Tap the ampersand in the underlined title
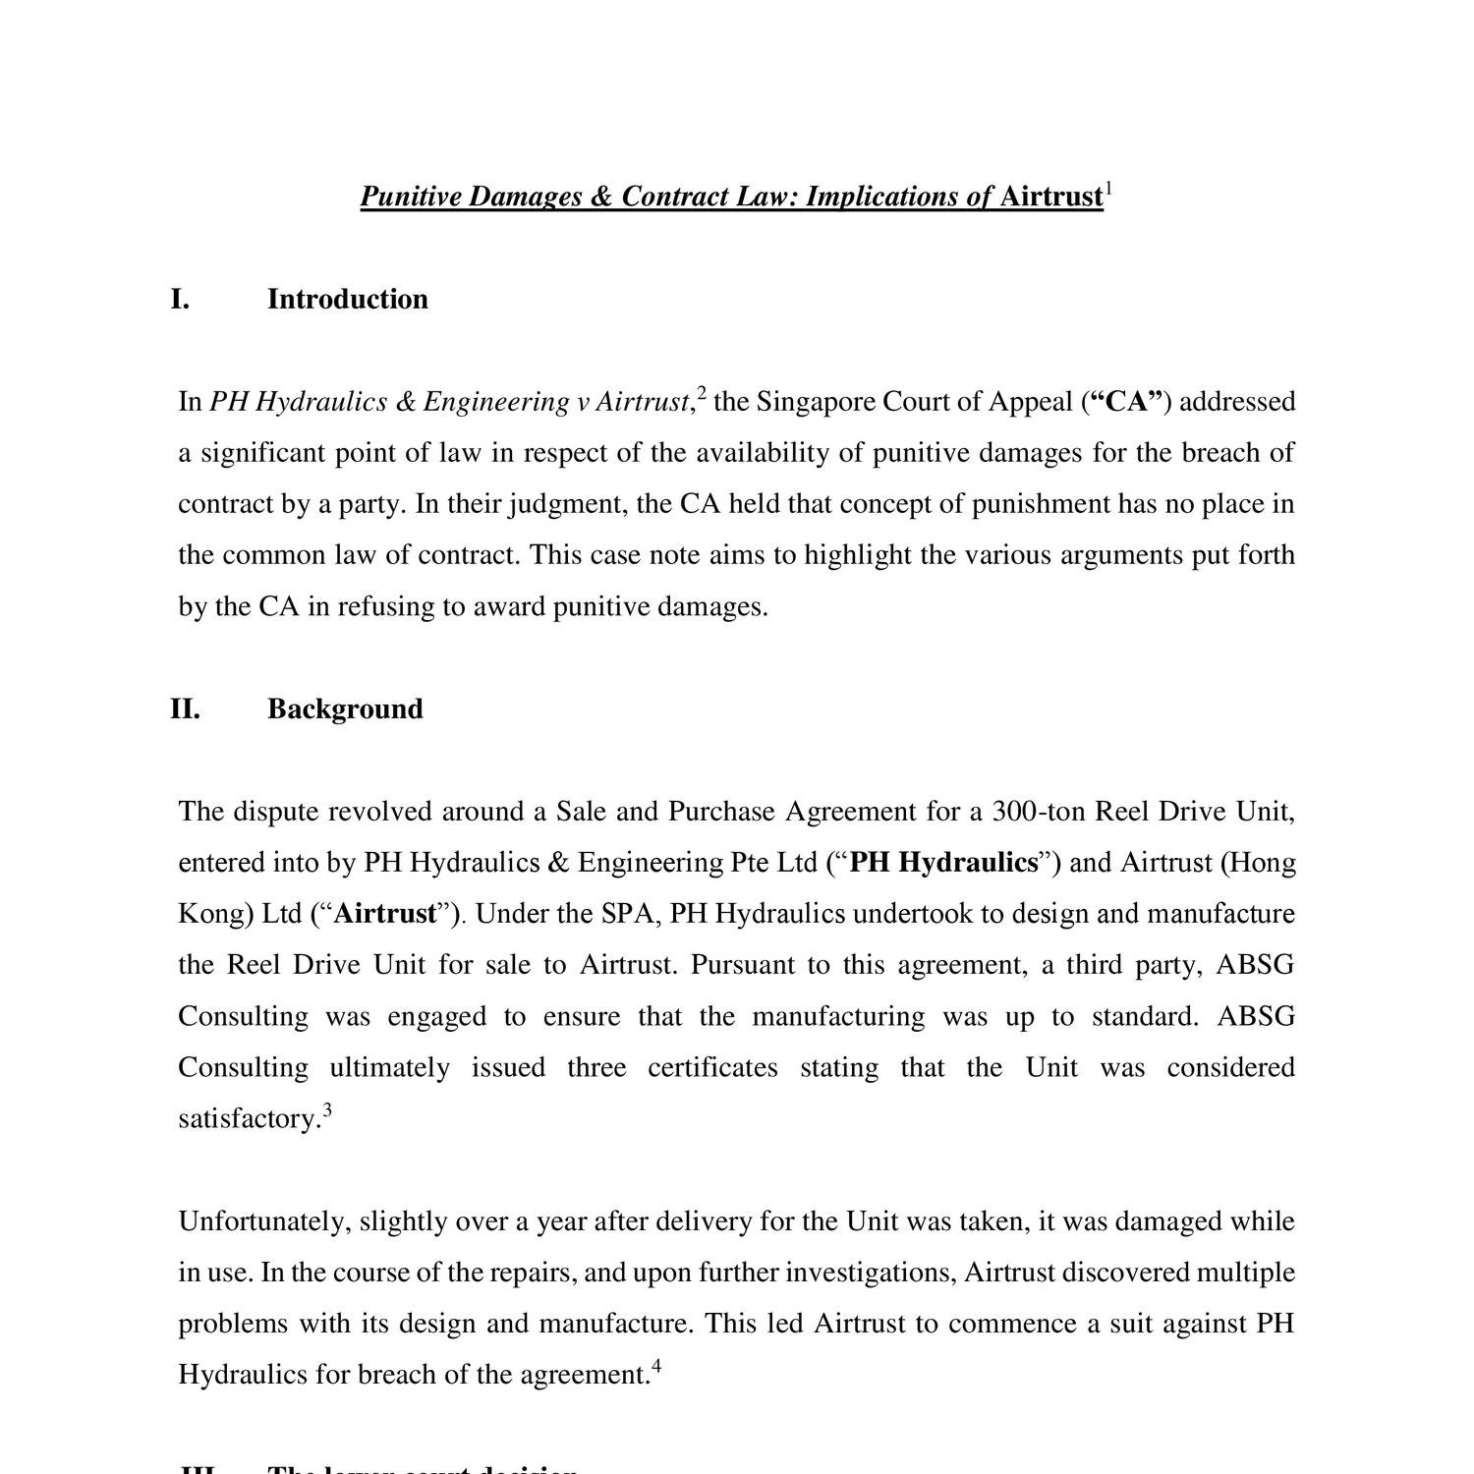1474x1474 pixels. [x=601, y=198]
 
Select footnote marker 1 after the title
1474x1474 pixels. [x=1109, y=189]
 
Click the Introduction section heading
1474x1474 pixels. [x=347, y=300]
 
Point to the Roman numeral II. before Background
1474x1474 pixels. [x=185, y=709]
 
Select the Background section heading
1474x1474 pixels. [x=345, y=709]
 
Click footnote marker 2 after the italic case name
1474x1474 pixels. [x=702, y=394]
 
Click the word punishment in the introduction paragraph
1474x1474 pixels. [x=1040, y=504]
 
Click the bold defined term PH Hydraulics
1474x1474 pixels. [x=943, y=863]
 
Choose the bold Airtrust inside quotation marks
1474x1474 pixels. [x=385, y=914]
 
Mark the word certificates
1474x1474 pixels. [x=712, y=1067]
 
